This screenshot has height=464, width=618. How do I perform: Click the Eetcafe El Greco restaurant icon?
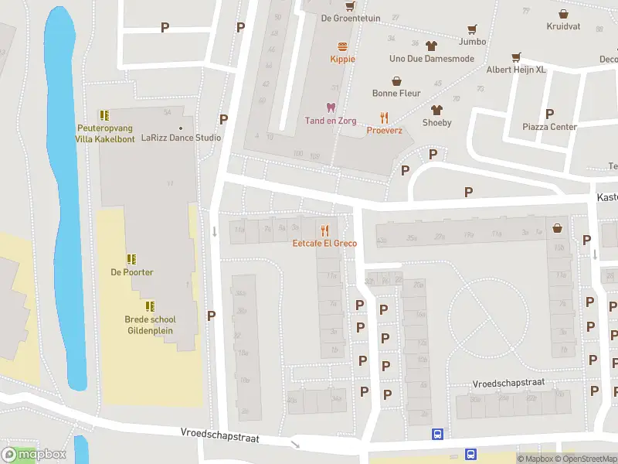[x=324, y=230]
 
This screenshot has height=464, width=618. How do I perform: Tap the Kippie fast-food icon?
[x=338, y=46]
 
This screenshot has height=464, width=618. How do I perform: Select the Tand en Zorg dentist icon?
[x=331, y=107]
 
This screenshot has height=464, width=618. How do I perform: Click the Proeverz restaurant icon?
[x=384, y=118]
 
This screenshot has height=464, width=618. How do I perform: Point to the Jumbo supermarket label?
[x=472, y=41]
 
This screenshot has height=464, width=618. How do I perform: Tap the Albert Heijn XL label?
[x=516, y=70]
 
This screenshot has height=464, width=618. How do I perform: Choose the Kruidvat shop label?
[x=562, y=26]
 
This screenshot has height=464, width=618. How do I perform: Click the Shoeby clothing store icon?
[x=436, y=110]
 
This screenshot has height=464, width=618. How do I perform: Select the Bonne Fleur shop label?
[x=396, y=94]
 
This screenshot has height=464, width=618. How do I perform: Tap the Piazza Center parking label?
[x=550, y=127]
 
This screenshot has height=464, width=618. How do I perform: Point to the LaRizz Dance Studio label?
[x=181, y=138]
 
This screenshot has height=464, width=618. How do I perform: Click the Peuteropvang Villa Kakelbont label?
[x=104, y=133]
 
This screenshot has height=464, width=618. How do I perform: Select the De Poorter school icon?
[x=131, y=258]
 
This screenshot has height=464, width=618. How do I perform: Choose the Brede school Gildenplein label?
[x=150, y=325]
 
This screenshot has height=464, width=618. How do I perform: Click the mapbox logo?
[x=34, y=455]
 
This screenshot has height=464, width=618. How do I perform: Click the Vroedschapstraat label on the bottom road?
[x=219, y=437]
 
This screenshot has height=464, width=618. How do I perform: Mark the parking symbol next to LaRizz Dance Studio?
[x=224, y=119]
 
